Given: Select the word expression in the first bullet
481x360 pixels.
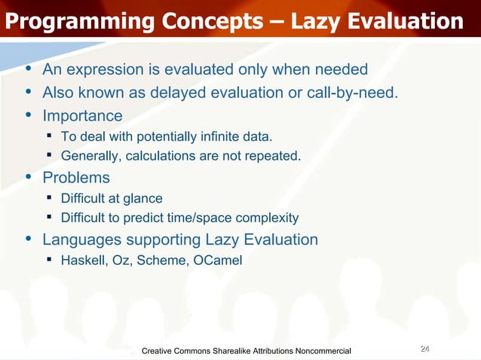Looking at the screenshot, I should tap(106, 70).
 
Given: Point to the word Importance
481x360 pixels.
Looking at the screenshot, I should tap(82, 116).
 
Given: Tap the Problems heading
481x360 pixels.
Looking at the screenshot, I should tap(76, 178).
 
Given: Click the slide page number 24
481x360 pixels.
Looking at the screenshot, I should tap(424, 349).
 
